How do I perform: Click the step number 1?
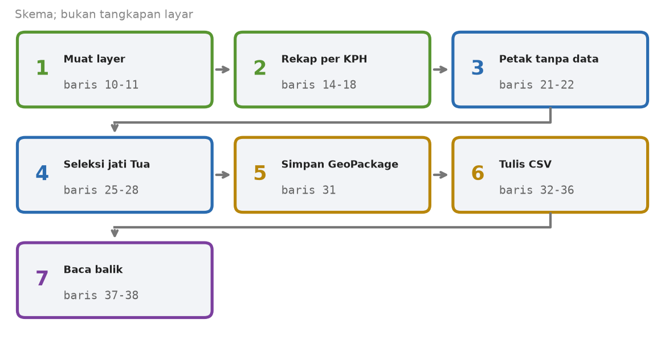[x=42, y=68]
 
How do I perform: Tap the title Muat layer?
[x=94, y=59]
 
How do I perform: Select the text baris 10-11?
[x=101, y=85]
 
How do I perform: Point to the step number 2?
[x=259, y=68]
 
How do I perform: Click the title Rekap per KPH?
[x=324, y=59]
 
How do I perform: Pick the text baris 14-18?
[x=319, y=85]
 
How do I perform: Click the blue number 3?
[x=478, y=68]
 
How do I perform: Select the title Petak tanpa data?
[x=548, y=59]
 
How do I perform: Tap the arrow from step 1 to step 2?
[x=223, y=69]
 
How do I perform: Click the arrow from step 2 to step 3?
[x=440, y=69]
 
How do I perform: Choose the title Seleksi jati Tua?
[x=107, y=164]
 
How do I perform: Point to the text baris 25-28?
[x=101, y=190]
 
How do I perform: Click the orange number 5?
[x=259, y=173]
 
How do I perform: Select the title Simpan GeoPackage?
[x=340, y=164]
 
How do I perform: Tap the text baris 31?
[x=308, y=190]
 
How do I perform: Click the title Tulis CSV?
[x=525, y=164]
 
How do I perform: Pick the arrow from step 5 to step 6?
[x=440, y=175]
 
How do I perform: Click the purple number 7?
[x=42, y=278]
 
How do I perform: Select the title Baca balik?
[x=93, y=269]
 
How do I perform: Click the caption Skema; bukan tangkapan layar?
[x=104, y=14]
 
